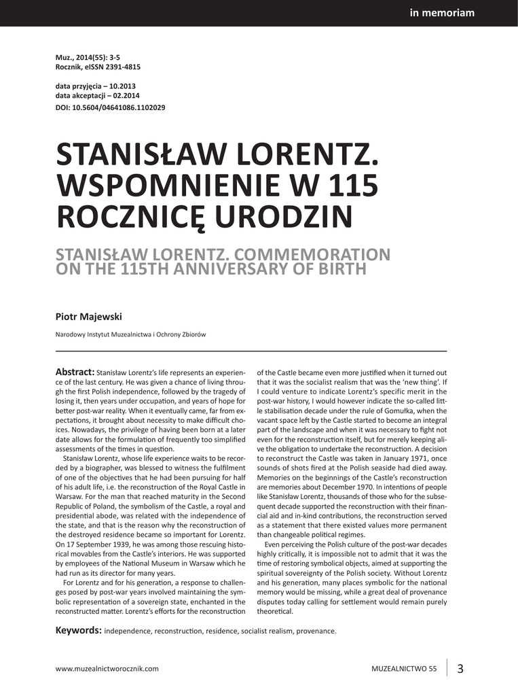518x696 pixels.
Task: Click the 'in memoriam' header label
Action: (442, 13)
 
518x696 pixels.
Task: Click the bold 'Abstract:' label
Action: (75, 372)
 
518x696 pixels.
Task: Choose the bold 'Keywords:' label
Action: (78, 630)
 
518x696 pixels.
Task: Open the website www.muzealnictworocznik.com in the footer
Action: (107, 668)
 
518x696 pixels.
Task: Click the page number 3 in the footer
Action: (460, 667)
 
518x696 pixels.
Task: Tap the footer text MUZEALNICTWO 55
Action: (404, 668)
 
